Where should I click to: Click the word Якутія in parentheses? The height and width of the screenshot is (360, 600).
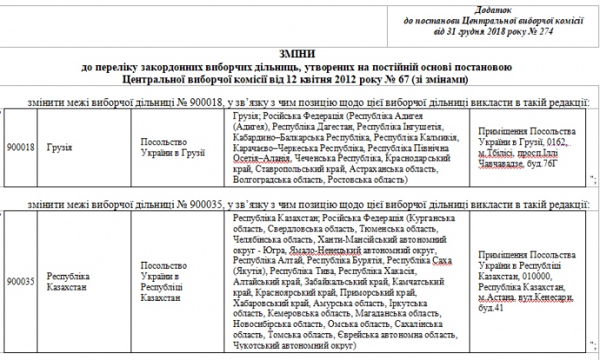pos(250,270)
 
